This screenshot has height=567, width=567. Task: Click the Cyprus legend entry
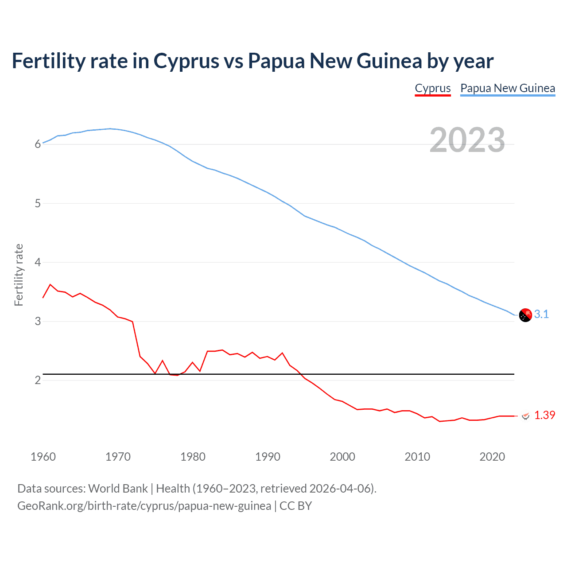(432, 88)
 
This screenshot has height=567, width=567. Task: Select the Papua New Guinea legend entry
(508, 88)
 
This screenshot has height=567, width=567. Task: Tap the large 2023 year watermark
(467, 140)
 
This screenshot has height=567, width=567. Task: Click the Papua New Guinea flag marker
(525, 315)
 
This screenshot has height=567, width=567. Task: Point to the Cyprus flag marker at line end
(525, 416)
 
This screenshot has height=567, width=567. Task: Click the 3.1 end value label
(541, 315)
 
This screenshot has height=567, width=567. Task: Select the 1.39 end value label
(544, 415)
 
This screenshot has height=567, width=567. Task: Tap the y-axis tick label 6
(38, 144)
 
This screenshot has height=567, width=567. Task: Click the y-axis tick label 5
(38, 203)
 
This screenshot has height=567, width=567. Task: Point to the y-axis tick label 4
(38, 262)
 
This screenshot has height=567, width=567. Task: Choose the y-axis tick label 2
(38, 380)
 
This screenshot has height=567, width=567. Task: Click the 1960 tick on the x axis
(43, 457)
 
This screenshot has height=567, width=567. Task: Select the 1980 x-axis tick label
(193, 457)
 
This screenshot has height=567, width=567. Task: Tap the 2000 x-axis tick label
(342, 457)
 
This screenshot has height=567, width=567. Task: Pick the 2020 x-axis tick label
(492, 457)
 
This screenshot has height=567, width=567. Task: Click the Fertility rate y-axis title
(19, 275)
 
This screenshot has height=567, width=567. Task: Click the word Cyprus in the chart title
(186, 61)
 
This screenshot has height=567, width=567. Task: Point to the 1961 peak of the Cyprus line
(50, 284)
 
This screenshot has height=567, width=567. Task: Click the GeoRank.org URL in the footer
(144, 506)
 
